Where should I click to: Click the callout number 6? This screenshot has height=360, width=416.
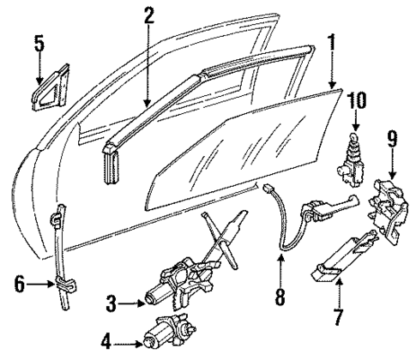point(20,280)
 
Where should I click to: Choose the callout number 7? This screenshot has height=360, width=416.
point(337,319)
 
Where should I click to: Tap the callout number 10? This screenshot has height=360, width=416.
point(356,99)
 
